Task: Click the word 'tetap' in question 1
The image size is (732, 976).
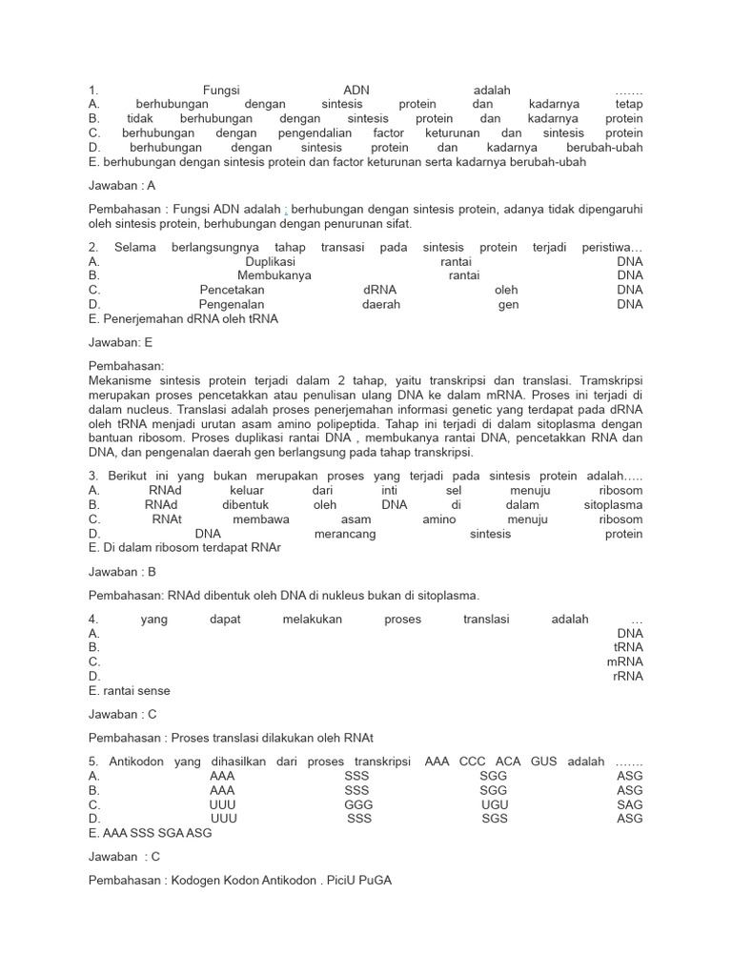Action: pyautogui.click(x=626, y=104)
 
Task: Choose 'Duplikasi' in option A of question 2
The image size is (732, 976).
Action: pyautogui.click(x=270, y=261)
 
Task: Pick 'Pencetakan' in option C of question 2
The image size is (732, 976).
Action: pyautogui.click(x=232, y=290)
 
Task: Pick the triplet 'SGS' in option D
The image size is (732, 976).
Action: pyautogui.click(x=495, y=819)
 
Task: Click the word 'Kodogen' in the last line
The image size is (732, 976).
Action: pyautogui.click(x=195, y=881)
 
